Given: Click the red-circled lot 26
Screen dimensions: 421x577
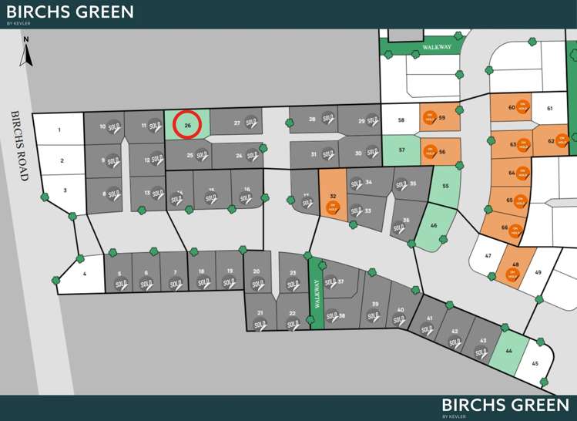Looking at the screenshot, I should pyautogui.click(x=187, y=125).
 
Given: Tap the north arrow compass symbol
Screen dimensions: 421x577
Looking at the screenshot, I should pyautogui.click(x=26, y=52).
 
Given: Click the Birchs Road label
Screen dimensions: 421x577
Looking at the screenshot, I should pyautogui.click(x=20, y=146).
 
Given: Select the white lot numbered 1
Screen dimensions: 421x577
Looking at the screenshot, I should pyautogui.click(x=59, y=130).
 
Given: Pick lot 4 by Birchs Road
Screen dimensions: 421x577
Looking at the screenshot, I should pyautogui.click(x=83, y=274).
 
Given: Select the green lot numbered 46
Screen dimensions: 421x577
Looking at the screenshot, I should pyautogui.click(x=434, y=226).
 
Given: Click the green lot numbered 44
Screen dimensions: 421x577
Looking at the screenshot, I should pyautogui.click(x=508, y=351).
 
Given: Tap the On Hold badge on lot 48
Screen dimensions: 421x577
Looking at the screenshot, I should pyautogui.click(x=512, y=274).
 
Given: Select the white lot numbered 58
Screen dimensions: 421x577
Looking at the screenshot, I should pyautogui.click(x=401, y=120).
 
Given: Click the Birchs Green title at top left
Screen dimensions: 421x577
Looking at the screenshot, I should pyautogui.click(x=69, y=12).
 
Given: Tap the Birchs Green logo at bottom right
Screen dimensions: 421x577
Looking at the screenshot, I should pyautogui.click(x=505, y=406).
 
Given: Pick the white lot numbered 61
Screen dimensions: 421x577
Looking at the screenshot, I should pyautogui.click(x=550, y=109).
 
